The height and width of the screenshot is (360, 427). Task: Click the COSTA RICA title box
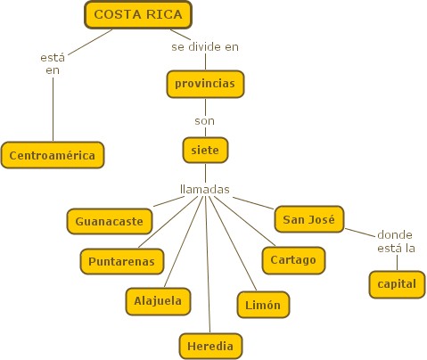point(138,15)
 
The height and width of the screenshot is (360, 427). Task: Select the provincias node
point(205,84)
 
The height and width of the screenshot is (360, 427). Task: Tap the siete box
point(205,150)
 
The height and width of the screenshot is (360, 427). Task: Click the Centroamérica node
point(53,155)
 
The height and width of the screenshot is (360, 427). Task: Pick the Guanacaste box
point(110,221)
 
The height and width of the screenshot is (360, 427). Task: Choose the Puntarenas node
point(122,261)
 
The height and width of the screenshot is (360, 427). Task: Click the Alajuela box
point(158,301)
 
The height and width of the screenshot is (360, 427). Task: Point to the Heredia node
point(210,346)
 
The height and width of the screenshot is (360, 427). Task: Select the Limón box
point(263,305)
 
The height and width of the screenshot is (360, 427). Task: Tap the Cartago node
point(293,260)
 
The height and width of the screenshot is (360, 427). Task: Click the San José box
point(309,219)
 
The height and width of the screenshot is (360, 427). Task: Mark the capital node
point(397,284)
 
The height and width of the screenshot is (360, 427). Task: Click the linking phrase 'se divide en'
point(205,47)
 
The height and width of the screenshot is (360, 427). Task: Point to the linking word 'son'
point(205,121)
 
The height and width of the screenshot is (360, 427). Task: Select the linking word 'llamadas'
point(205,189)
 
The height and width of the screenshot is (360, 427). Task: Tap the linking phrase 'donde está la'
point(396,241)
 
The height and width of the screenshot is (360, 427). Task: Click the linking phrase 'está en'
point(53,64)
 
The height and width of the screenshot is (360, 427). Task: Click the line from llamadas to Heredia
point(208,265)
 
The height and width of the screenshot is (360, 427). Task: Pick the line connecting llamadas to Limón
point(233,243)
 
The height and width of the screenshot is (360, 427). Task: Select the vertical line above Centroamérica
point(53,109)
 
